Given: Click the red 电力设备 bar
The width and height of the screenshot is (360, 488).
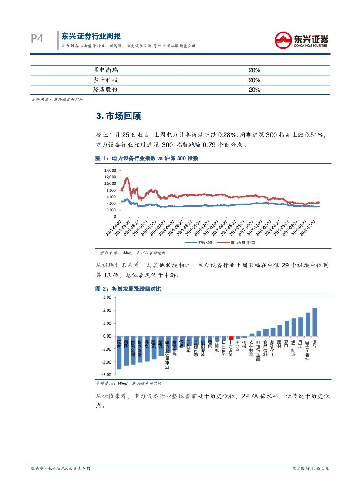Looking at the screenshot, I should (x=231, y=338).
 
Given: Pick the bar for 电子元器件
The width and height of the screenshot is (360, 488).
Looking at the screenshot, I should (x=307, y=324).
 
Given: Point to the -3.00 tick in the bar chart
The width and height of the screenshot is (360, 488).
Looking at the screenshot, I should (x=107, y=374).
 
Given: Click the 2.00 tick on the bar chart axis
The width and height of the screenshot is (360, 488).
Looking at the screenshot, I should (x=107, y=310).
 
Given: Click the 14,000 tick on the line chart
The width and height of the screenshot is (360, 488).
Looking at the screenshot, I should (x=110, y=170).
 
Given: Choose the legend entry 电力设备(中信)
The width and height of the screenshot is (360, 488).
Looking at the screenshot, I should (x=239, y=242).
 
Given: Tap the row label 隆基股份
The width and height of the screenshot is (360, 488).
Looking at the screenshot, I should (x=105, y=90).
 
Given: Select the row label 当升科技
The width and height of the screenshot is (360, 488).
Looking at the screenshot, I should (x=105, y=80).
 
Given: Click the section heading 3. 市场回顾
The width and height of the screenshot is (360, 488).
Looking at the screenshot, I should (x=118, y=117).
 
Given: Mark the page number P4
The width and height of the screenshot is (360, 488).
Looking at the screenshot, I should (x=37, y=39).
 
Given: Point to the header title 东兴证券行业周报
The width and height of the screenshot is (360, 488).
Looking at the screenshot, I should (x=91, y=36).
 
